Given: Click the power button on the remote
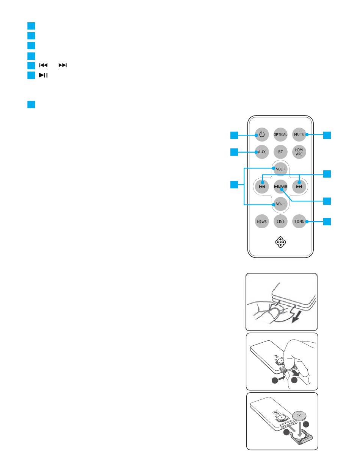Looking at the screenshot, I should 261,134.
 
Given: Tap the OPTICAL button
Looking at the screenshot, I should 280,134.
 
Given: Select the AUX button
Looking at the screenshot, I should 261,152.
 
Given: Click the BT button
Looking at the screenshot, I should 280,152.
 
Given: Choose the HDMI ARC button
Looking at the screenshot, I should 299,152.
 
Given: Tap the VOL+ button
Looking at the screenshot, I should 280,169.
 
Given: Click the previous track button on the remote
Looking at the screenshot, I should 261,186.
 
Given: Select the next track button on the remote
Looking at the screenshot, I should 299,186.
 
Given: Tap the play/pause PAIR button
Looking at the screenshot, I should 280,186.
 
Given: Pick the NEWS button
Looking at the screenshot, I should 261,221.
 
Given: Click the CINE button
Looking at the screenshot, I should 280,221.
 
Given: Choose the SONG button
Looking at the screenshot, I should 299,221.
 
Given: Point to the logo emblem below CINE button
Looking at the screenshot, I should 280,242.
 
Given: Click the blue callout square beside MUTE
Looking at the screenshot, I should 327,134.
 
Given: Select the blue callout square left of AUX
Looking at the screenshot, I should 235,152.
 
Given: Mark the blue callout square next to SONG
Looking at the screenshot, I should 327,221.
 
